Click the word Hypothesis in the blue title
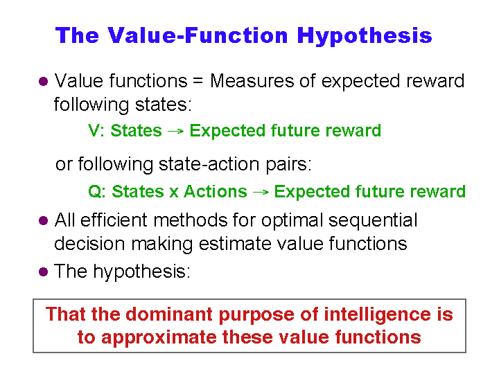tap(365, 36)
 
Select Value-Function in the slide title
tap(198, 35)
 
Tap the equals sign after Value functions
tap(198, 80)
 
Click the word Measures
tap(252, 81)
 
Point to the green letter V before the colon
tap(94, 130)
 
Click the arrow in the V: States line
tap(175, 131)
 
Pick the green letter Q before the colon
tap(95, 191)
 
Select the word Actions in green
tap(216, 191)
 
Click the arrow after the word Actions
tap(261, 192)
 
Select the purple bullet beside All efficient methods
tap(43, 220)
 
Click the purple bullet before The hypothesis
tap(43, 272)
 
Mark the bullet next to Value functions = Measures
tap(43, 82)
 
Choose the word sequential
tap(373, 220)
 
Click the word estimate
tap(234, 244)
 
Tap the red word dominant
tap(168, 314)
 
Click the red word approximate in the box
tap(159, 338)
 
